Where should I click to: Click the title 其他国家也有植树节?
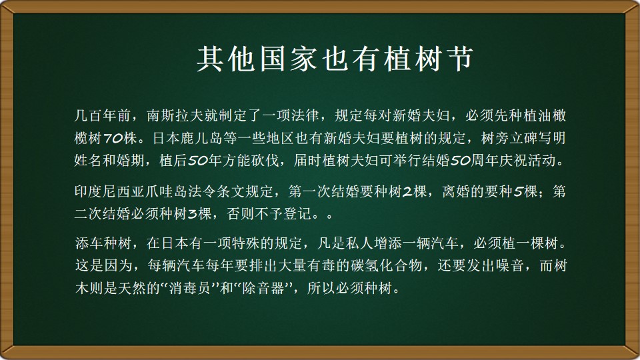[335, 59]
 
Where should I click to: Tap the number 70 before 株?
[113, 139]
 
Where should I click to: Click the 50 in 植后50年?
[198, 161]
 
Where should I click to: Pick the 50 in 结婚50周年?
[461, 161]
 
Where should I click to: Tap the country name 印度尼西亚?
[110, 191]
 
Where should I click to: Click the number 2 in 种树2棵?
[407, 192]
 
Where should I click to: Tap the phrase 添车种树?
[103, 244]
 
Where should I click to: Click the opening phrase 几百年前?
[103, 116]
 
